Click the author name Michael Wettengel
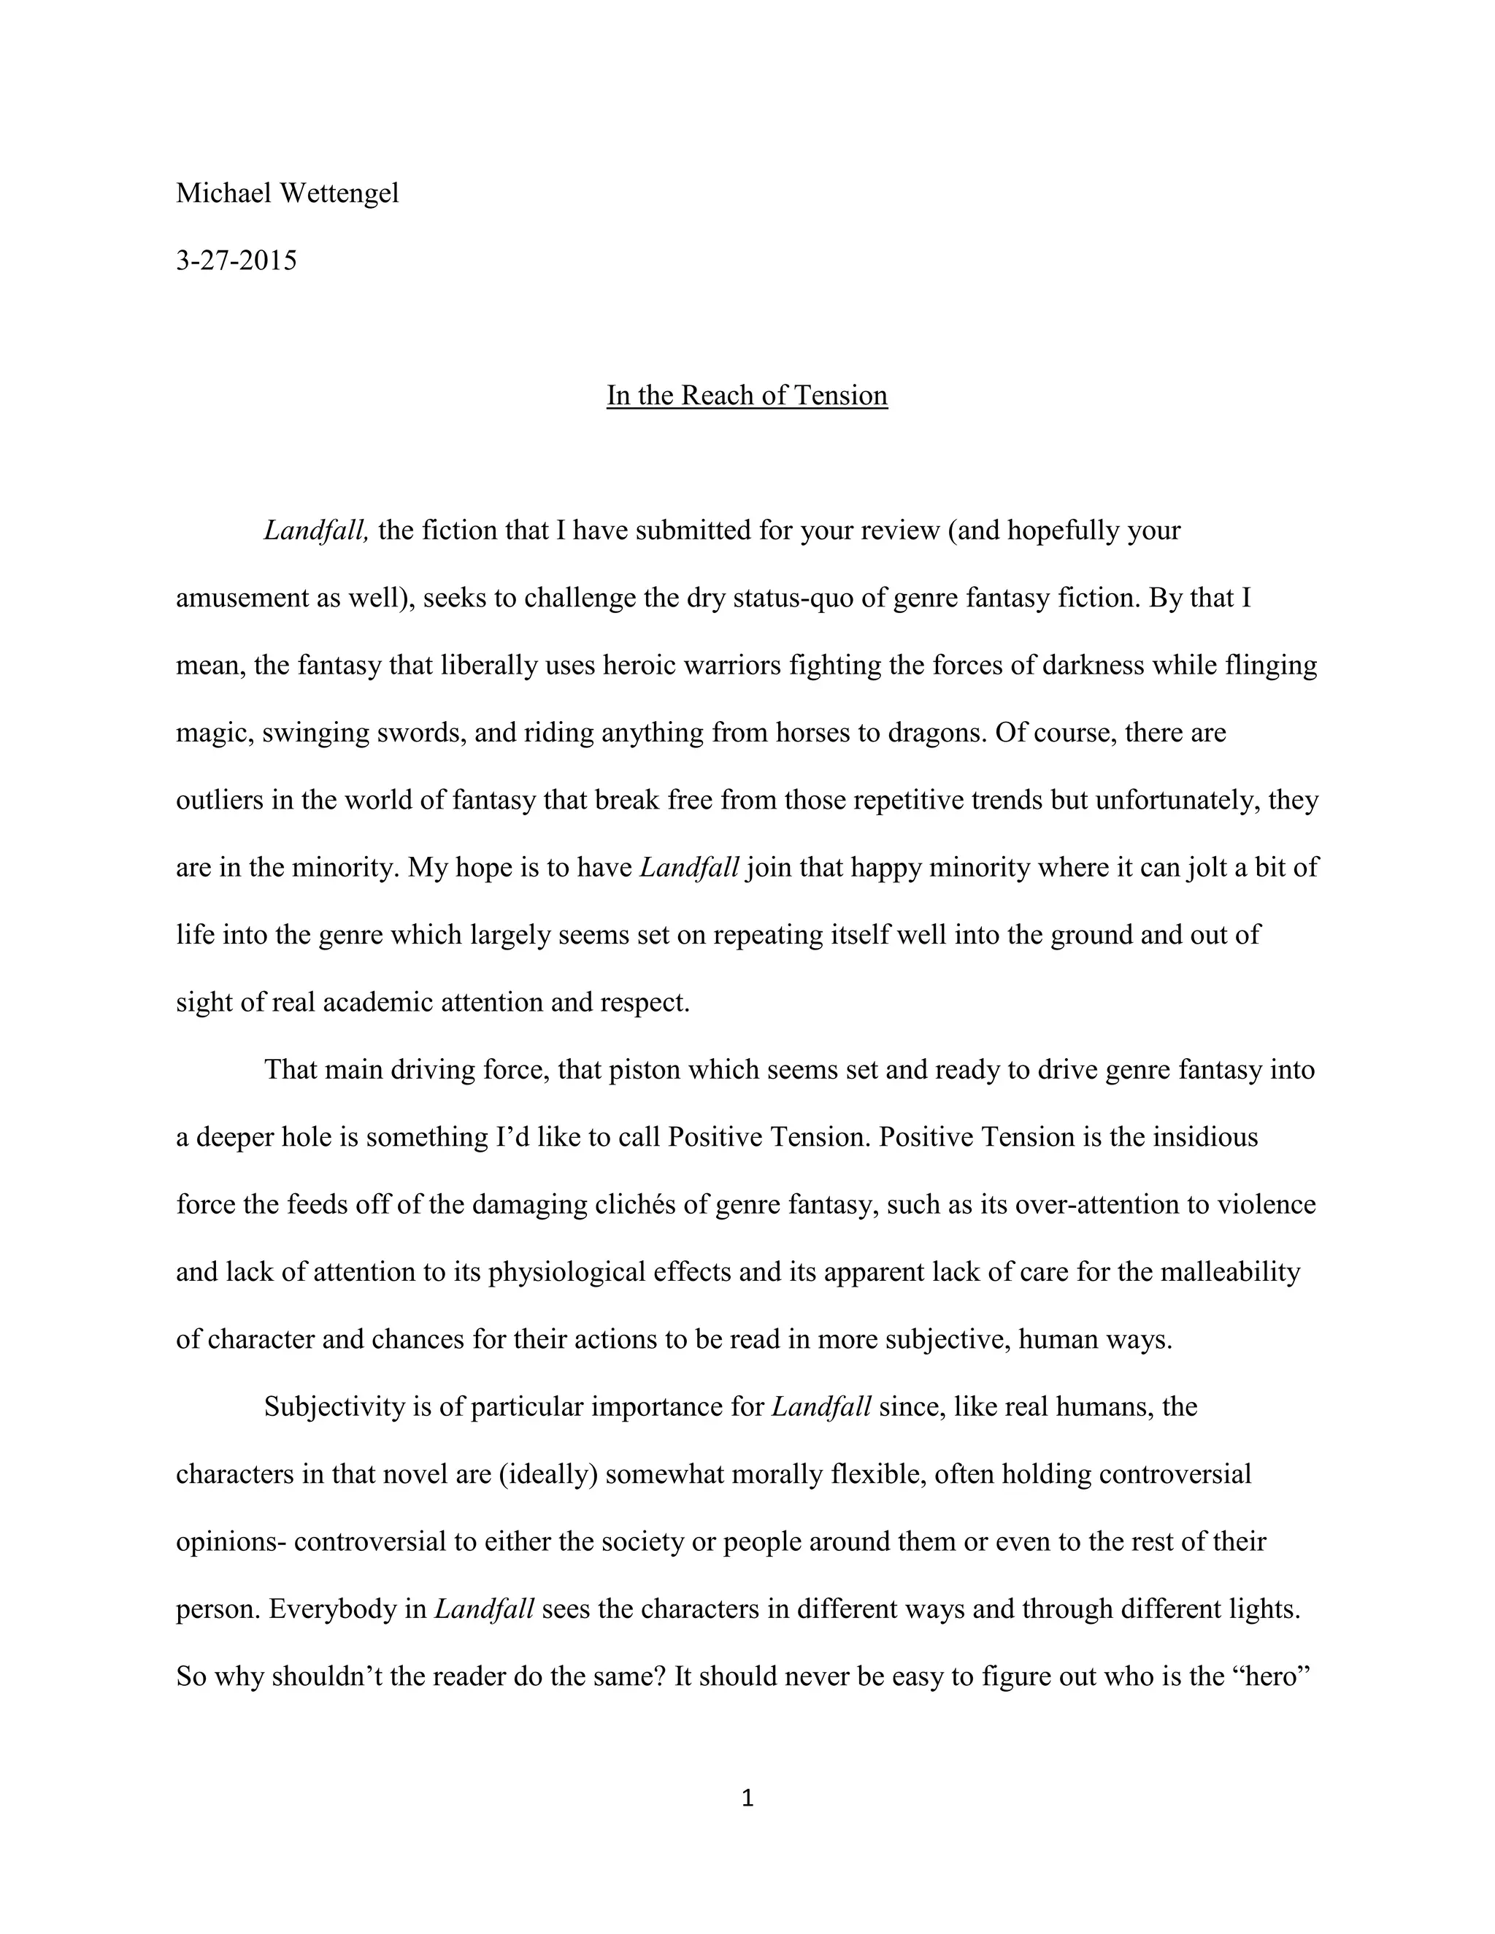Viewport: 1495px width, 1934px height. point(287,193)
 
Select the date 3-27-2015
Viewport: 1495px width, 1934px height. point(237,261)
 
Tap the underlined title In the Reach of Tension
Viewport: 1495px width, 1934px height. point(747,395)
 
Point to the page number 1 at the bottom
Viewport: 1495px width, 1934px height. point(747,1798)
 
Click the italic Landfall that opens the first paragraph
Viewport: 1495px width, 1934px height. point(315,531)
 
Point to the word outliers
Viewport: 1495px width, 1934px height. point(218,801)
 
